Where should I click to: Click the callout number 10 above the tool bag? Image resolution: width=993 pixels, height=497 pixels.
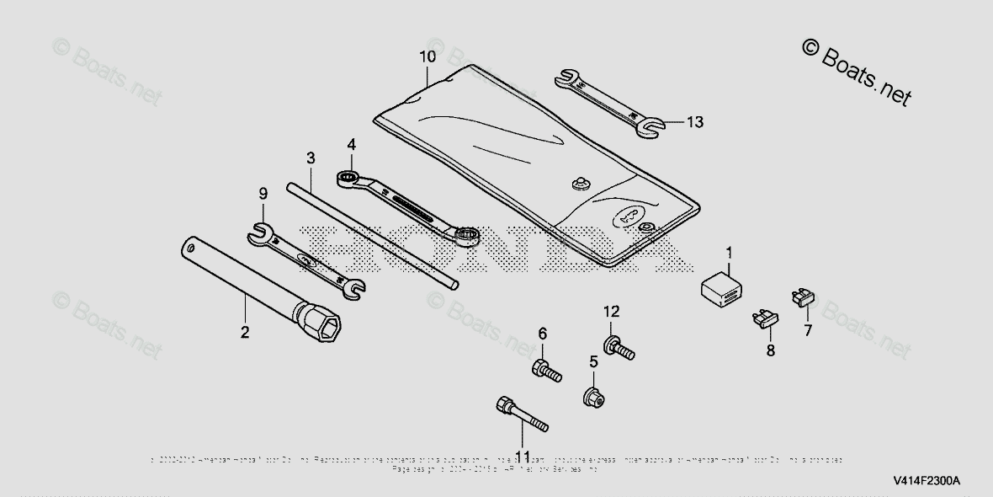[x=427, y=57]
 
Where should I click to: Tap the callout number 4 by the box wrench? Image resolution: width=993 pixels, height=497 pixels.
[x=352, y=145]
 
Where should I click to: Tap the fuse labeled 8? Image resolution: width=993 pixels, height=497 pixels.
[x=764, y=318]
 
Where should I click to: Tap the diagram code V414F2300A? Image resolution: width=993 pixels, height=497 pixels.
[x=926, y=482]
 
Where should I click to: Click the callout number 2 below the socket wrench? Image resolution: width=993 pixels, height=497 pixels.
[x=245, y=333]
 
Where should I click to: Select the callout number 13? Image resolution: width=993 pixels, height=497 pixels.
[x=693, y=122]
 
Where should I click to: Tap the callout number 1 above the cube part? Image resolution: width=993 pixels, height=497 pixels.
[x=729, y=251]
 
